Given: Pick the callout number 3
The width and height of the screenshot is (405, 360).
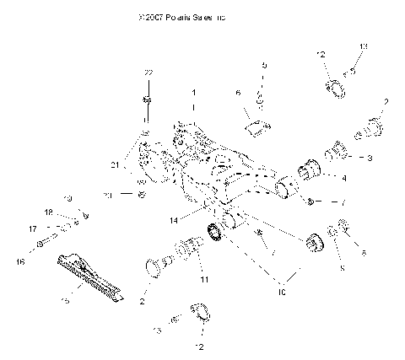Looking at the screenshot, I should click(369, 158).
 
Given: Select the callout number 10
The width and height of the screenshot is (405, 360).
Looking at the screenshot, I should click(282, 292).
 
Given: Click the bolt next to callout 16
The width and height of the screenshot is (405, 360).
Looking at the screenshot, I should click(42, 247).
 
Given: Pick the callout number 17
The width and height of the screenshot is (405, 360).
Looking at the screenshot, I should click(33, 228).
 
